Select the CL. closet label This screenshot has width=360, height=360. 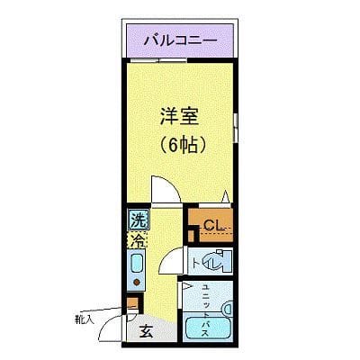click(x=213, y=225)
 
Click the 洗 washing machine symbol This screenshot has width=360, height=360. click(x=138, y=220)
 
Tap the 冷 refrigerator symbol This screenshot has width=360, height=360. click(x=138, y=240)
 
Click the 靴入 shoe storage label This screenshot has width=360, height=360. click(x=84, y=319)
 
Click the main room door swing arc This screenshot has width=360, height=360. click(x=162, y=190)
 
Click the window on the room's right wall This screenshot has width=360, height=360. click(x=236, y=122)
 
